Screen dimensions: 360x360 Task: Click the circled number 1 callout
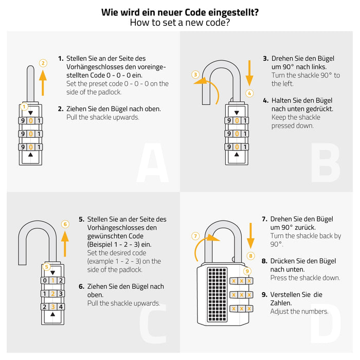click(x=24, y=106)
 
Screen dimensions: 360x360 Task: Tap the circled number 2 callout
click(x=43, y=63)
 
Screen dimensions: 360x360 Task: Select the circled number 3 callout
click(x=195, y=75)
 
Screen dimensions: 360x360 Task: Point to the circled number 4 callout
click(x=249, y=94)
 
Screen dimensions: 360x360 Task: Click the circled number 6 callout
click(x=65, y=224)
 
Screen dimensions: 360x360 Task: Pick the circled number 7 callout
click(x=195, y=236)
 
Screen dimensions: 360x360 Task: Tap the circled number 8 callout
click(x=250, y=256)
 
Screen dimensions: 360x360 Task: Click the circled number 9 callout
click(x=247, y=271)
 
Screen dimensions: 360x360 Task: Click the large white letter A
click(x=153, y=163)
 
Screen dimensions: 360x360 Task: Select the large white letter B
click(x=326, y=163)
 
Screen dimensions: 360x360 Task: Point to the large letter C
click(x=153, y=323)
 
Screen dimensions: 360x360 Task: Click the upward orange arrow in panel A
click(x=43, y=83)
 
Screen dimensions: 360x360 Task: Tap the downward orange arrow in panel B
click(x=249, y=73)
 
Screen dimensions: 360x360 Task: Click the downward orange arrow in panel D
click(x=250, y=236)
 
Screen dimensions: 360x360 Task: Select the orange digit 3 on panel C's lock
click(x=53, y=307)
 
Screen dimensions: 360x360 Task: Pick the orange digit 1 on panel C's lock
click(x=53, y=280)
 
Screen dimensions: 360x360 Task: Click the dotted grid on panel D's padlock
click(x=217, y=295)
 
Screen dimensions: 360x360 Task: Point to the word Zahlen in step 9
click(x=281, y=303)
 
